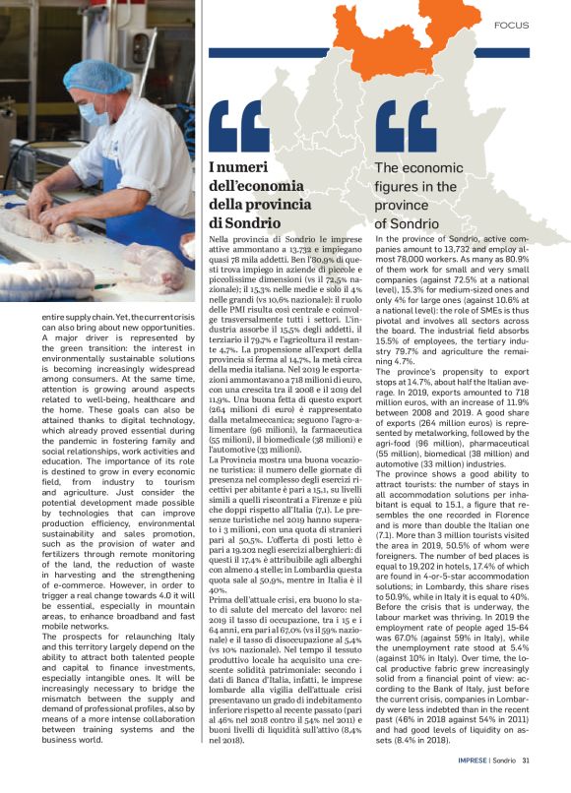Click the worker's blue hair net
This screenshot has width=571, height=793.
click(97, 75)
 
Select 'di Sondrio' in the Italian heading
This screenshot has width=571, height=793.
click(242, 222)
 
